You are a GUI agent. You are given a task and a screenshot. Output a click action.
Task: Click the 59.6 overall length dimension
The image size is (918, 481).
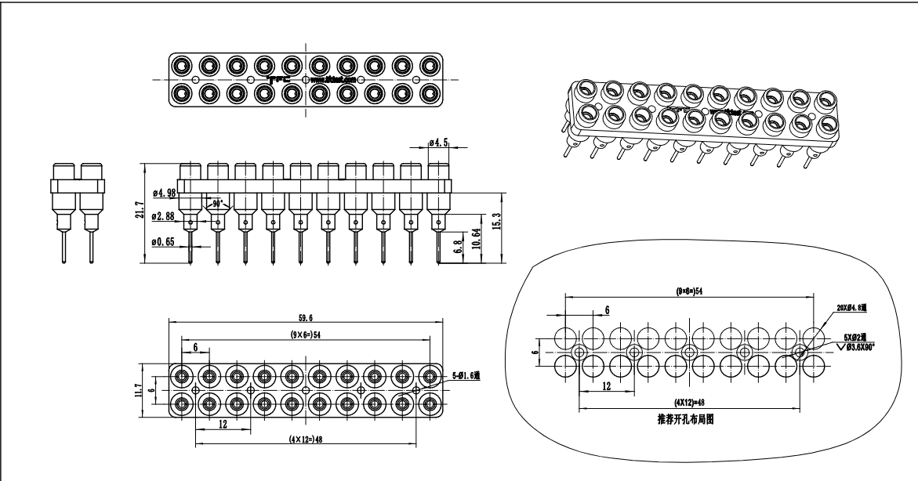(x=307, y=319)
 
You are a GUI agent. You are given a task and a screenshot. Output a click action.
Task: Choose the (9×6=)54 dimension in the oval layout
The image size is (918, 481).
(x=689, y=291)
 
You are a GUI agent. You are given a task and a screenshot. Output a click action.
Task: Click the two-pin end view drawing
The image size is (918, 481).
(x=78, y=212)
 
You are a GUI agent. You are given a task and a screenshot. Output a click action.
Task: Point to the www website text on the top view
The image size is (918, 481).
(x=334, y=79)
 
